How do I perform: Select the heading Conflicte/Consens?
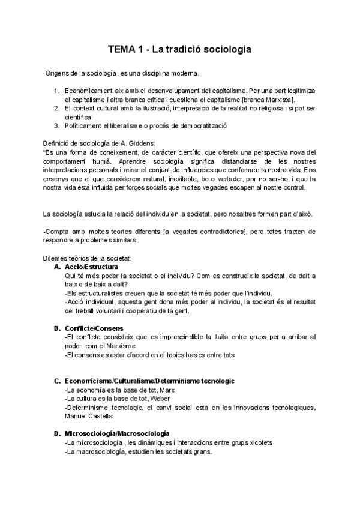pos(94,328)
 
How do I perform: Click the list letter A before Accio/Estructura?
pos(57,267)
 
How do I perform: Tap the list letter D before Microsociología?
pos(57,433)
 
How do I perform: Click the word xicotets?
pos(259,442)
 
